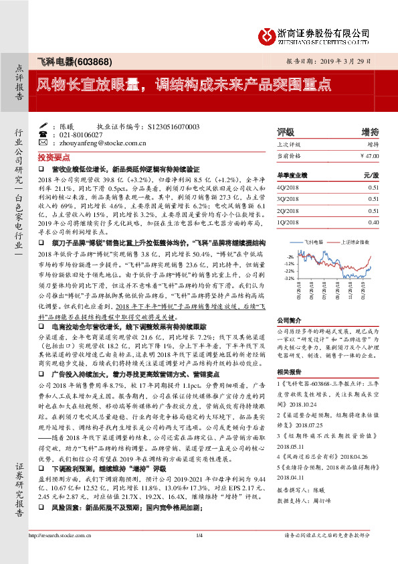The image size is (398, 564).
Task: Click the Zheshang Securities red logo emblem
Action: (x=266, y=33)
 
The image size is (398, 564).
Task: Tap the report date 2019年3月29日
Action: (x=342, y=60)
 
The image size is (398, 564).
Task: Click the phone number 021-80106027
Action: (x=80, y=134)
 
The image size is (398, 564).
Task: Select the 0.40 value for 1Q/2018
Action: (x=373, y=222)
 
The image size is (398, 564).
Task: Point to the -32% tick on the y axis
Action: (x=288, y=278)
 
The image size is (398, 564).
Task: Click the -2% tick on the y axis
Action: (x=290, y=257)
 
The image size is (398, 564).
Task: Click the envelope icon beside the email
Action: (x=43, y=143)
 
